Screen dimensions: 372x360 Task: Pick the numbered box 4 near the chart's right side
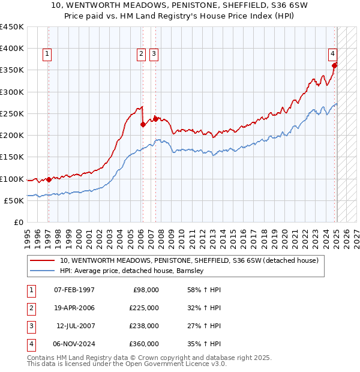tap(332, 53)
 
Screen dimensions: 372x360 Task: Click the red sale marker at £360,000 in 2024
tap(335, 65)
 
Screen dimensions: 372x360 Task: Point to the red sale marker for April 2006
tap(143, 125)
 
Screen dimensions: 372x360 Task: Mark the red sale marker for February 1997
tap(49, 179)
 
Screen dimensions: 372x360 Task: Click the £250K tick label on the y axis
tap(12, 113)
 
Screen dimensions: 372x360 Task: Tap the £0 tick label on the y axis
tap(18, 223)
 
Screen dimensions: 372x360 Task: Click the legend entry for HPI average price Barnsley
tap(133, 271)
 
